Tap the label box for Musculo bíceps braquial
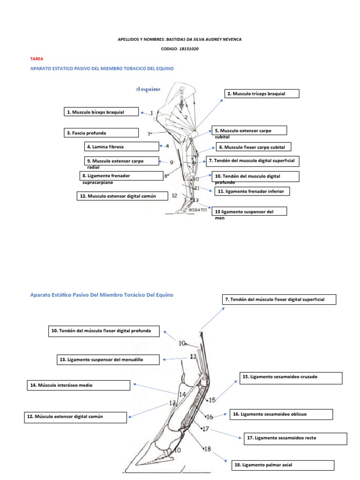(101, 112)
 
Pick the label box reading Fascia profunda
(101, 133)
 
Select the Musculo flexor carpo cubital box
(253, 147)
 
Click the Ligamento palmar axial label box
(283, 465)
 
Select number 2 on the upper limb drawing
(186, 117)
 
